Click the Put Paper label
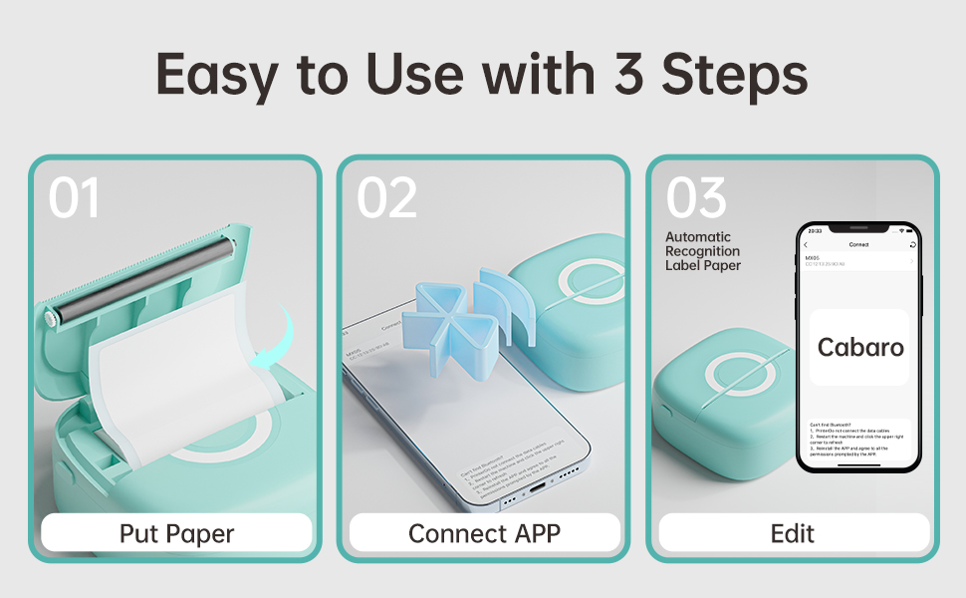coord(177,533)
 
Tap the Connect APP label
coord(484,533)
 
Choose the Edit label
coord(793,533)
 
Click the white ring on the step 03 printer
coord(741,378)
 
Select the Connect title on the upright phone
coord(858,244)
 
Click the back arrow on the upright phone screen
coord(806,244)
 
